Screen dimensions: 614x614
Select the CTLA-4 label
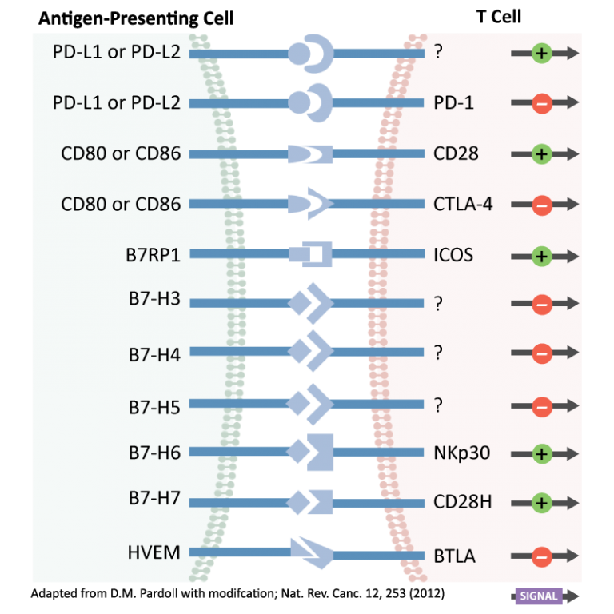click(x=463, y=204)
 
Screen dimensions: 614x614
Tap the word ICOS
click(x=453, y=255)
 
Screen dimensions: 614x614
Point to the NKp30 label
click(x=461, y=453)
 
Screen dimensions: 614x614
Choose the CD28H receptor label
click(x=462, y=503)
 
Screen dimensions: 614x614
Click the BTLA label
click(x=454, y=556)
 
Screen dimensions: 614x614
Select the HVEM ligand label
click(x=153, y=552)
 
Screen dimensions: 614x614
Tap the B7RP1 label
click(x=153, y=255)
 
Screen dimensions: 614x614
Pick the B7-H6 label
click(x=154, y=453)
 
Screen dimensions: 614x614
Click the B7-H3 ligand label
click(x=154, y=300)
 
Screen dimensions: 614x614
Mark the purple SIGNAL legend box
click(x=538, y=596)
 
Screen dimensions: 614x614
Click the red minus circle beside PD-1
click(x=541, y=104)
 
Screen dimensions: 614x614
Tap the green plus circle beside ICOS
click(x=541, y=257)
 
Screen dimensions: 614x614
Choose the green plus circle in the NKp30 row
click(x=541, y=454)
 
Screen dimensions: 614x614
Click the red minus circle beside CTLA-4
click(x=541, y=205)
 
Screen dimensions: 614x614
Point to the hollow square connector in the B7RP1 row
click(x=316, y=255)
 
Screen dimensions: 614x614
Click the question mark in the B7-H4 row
click(x=438, y=353)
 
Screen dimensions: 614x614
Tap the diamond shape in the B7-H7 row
click(x=297, y=502)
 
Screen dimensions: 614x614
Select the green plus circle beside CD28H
click(x=541, y=504)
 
